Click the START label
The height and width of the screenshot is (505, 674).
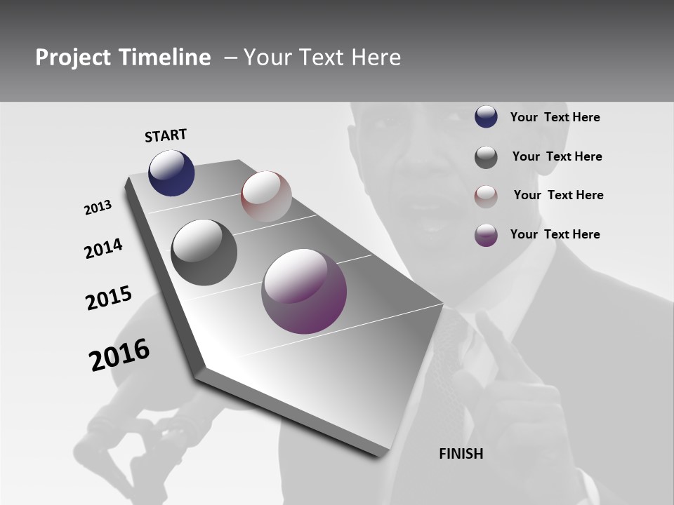coord(166,135)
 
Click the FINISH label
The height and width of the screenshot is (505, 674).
coord(461,454)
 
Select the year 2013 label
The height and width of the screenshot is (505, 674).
coord(98,208)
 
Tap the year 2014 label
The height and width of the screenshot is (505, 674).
coord(103,248)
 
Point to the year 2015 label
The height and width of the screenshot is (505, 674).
coord(108,297)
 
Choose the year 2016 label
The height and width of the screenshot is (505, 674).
coord(119,354)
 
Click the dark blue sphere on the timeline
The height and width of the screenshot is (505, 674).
coord(171,173)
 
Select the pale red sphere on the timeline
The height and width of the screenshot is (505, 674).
coord(266,196)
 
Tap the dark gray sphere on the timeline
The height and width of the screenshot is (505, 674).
coord(204,252)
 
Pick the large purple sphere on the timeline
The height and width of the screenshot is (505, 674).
coord(304,291)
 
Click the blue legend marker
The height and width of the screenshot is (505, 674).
coord(486,116)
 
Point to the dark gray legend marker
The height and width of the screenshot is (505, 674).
coord(486,157)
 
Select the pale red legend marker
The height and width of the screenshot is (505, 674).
coord(486,196)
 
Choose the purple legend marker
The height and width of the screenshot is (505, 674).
coord(486,234)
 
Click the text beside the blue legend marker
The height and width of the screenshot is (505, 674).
coord(555,117)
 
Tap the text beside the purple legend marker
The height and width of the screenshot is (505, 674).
coord(555,234)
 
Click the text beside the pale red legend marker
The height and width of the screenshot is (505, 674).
coord(558,195)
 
